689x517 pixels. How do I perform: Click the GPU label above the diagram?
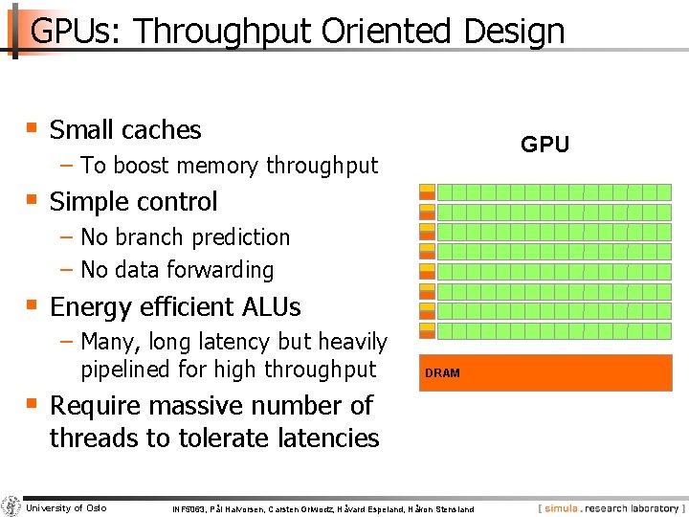545,145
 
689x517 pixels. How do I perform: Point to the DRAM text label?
442,373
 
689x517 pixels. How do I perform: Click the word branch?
150,236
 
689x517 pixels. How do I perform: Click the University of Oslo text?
67,507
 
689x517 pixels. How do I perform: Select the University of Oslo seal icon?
11,506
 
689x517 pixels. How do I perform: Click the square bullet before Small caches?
32,127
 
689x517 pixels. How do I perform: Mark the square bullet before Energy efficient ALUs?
32,304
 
